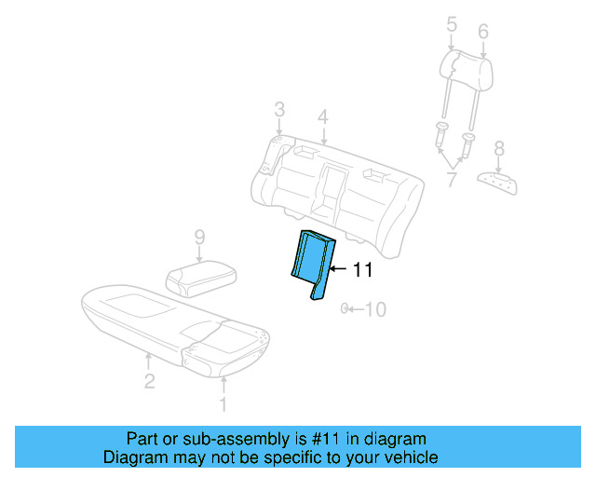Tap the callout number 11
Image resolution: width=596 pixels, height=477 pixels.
click(362, 270)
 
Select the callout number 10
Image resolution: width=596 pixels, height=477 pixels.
click(373, 309)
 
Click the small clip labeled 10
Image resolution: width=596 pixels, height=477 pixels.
click(345, 308)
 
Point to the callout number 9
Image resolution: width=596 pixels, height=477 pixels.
click(198, 239)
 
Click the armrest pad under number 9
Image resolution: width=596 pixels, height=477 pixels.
click(199, 277)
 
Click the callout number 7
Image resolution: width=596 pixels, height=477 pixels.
click(452, 179)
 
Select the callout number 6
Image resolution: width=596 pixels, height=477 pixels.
click(482, 32)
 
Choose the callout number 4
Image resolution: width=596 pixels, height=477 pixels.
click(322, 117)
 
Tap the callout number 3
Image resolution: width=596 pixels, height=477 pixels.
click(278, 112)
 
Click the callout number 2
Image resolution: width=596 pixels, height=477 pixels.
click(149, 379)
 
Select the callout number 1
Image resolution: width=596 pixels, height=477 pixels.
click(222, 403)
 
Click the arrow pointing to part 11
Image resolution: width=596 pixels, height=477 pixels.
click(339, 269)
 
